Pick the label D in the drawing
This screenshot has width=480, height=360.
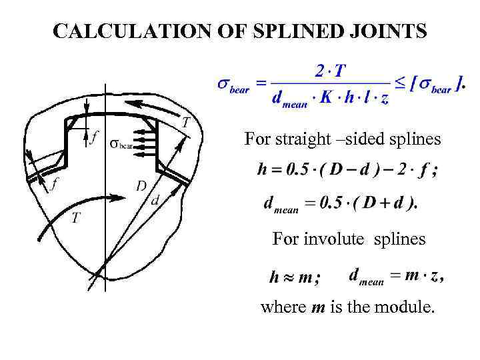[141, 185]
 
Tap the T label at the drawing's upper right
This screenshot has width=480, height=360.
[185, 121]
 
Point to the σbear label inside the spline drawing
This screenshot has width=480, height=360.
[122, 143]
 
